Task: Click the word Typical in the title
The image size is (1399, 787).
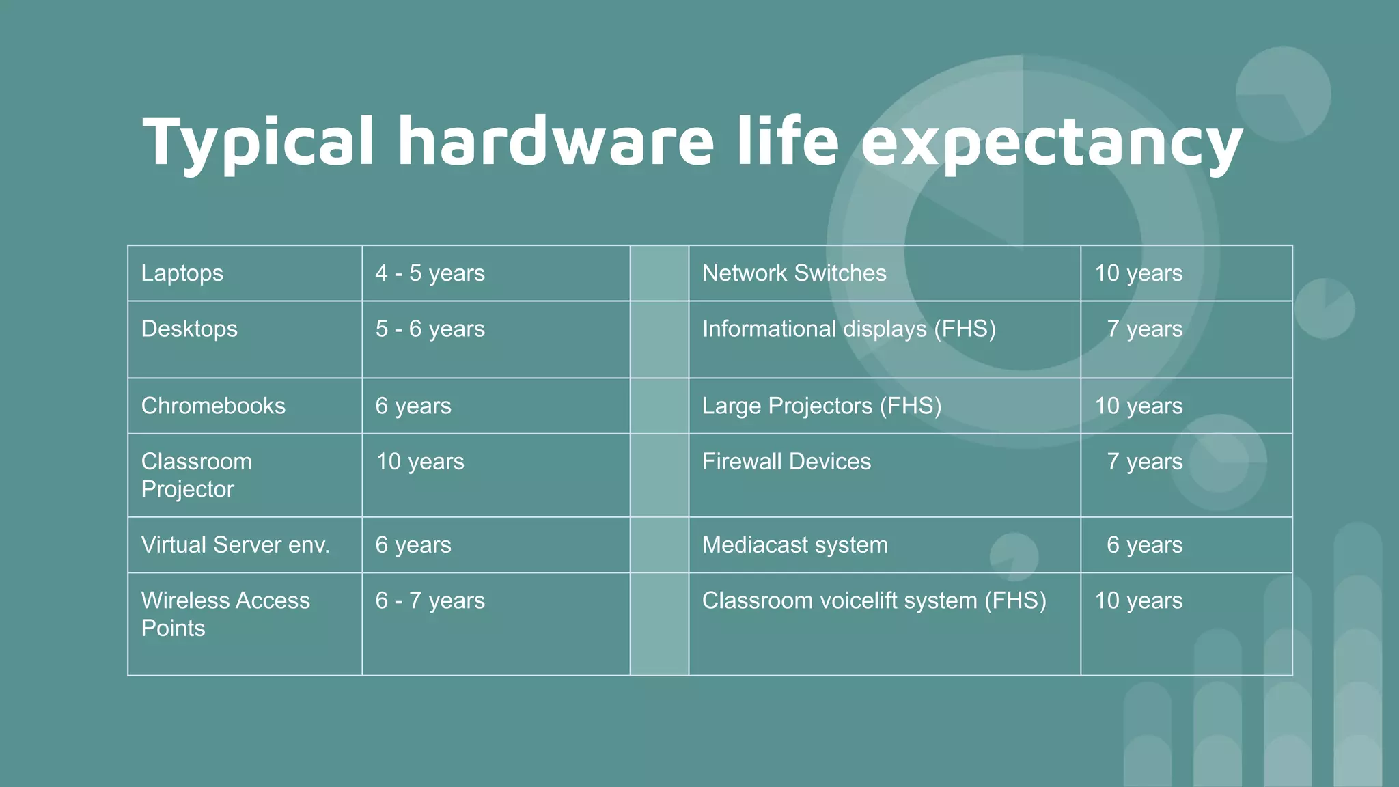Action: coord(258,141)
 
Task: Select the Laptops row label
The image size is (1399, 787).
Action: coord(182,273)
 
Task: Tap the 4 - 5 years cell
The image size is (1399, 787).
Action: coord(430,273)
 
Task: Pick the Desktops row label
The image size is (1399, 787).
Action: coord(189,329)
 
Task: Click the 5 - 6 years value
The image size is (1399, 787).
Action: coord(430,329)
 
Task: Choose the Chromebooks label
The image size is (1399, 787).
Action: coord(213,406)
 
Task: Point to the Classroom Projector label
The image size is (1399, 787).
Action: coord(196,475)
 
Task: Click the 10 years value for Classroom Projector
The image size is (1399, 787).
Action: coord(419,462)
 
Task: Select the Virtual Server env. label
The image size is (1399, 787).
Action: coord(235,544)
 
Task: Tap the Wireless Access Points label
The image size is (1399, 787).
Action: coord(225,613)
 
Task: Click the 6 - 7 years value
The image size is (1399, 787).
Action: coord(430,600)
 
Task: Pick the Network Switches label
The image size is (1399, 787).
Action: coord(794,273)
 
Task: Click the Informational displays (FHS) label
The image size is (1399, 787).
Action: coord(848,329)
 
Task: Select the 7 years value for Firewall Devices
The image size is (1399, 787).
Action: coord(1144,462)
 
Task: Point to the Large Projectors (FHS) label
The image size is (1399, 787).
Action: coord(821,406)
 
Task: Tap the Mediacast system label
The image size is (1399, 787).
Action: coord(794,544)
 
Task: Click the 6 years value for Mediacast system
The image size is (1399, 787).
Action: coord(1144,544)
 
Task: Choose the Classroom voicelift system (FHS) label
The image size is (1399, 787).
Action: coord(874,600)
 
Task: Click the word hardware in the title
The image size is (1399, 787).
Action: coord(555,141)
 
